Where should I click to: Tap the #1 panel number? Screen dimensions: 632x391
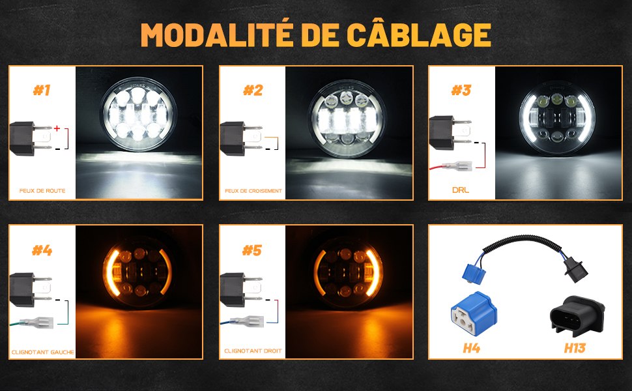[x=42, y=91]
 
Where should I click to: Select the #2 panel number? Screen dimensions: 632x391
[x=253, y=91]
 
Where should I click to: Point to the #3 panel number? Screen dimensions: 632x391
[x=461, y=91]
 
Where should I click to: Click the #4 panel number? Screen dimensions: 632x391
[x=42, y=250]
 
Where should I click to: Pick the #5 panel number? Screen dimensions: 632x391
[x=252, y=250]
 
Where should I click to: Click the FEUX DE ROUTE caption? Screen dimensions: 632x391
[x=42, y=191]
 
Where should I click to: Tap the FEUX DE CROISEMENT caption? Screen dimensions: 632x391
[x=253, y=191]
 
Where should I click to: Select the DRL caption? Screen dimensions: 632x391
[x=461, y=190]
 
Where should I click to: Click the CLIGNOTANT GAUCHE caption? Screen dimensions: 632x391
[x=43, y=352]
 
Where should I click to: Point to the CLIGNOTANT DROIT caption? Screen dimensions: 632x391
[x=253, y=351]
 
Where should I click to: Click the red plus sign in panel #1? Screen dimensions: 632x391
[x=57, y=128]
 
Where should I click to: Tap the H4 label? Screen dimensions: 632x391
[x=471, y=348]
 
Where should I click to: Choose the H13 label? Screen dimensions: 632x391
[x=575, y=348]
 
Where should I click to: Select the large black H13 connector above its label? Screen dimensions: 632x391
[x=577, y=316]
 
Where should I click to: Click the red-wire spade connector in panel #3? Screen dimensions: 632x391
[x=457, y=166]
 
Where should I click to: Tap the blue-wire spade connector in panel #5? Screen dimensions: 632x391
[x=248, y=321]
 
